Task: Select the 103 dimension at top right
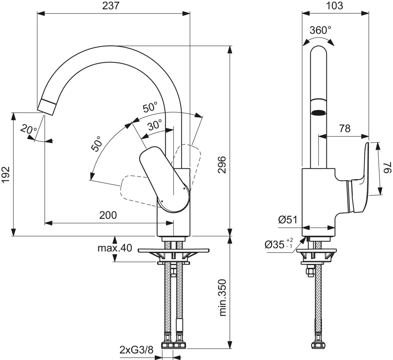(x=334, y=6)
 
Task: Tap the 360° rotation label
(x=320, y=30)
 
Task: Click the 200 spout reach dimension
(x=108, y=215)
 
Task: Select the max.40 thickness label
(x=115, y=248)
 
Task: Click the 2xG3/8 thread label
(x=136, y=350)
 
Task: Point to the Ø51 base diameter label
(x=288, y=220)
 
